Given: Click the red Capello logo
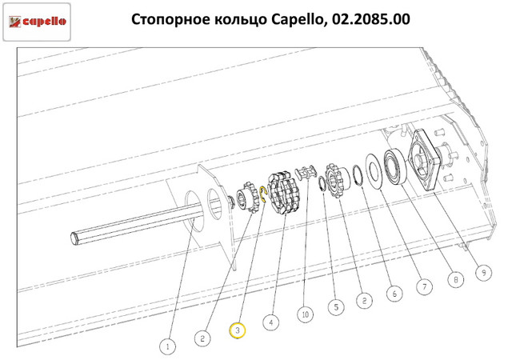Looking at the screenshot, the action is click(x=37, y=22).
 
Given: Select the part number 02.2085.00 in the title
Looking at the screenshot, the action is click(x=371, y=19).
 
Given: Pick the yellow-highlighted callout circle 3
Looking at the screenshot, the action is click(x=238, y=330).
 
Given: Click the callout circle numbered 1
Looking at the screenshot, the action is click(x=168, y=346).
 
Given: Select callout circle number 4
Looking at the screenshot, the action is click(x=271, y=322).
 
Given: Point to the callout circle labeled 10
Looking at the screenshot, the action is click(x=306, y=314).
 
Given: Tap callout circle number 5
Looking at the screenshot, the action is click(x=336, y=306).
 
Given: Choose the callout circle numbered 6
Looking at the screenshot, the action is click(x=394, y=294).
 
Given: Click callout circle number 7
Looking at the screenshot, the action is click(x=425, y=286).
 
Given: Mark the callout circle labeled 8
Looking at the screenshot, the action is click(x=455, y=279).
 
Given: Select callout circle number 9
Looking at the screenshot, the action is click(x=483, y=272).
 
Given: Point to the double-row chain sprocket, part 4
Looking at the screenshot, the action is click(x=284, y=194).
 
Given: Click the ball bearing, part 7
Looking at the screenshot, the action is click(x=394, y=166).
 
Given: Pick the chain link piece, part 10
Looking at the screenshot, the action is click(x=306, y=172).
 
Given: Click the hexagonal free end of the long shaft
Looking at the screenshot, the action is click(x=74, y=238).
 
